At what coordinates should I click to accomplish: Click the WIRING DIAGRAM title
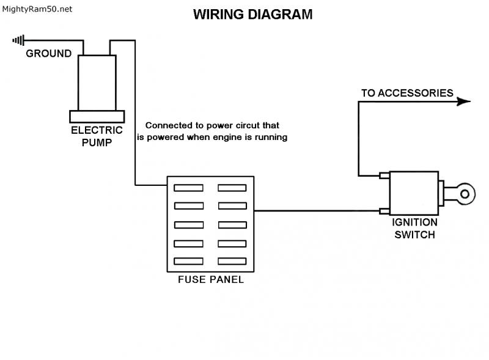252,15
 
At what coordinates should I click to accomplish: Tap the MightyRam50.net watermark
37,9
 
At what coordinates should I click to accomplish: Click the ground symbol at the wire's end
18,41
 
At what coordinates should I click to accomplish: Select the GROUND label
48,54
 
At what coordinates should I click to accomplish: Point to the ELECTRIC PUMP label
97,136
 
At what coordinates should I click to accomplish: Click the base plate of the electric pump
97,116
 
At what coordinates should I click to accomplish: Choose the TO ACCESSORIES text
407,94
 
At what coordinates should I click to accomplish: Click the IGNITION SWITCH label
414,229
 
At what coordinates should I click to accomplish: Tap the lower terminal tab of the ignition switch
384,211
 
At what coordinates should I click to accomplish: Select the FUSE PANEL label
210,280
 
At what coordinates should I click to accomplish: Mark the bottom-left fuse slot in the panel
188,261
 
